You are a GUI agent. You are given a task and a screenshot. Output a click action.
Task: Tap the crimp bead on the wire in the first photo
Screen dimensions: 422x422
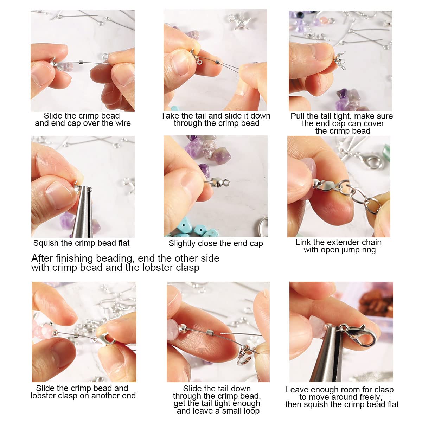(x=81, y=62)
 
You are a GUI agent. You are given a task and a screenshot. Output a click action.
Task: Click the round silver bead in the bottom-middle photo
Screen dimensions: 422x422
(x=183, y=329)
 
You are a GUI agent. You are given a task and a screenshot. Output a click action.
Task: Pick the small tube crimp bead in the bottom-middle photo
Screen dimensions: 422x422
(x=210, y=332)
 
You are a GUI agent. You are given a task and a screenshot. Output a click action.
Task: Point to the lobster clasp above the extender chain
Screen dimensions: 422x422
(x=370, y=161)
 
